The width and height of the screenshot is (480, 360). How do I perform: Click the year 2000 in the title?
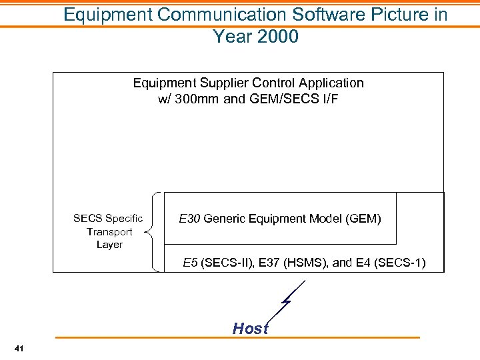click(x=276, y=36)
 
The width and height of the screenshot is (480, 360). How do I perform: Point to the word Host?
click(x=250, y=328)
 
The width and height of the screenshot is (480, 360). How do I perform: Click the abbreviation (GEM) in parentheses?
click(x=364, y=218)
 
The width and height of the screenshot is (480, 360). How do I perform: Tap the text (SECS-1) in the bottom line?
click(x=400, y=263)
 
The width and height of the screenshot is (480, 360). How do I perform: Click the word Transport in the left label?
click(x=109, y=231)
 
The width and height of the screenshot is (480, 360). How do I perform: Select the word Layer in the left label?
click(x=109, y=245)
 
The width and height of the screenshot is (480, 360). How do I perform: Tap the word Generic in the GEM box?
click(x=225, y=218)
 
